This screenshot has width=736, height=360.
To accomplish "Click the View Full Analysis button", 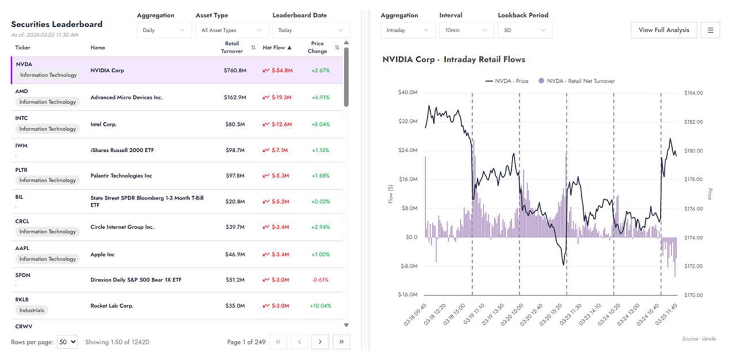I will pos(664,30).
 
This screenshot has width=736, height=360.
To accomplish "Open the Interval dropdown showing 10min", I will pos(466,30).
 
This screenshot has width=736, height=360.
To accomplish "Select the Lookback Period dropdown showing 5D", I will pos(524,30).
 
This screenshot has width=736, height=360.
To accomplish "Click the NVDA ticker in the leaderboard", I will pos(24,64).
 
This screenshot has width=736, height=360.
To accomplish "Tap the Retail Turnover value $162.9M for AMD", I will pos(235,98).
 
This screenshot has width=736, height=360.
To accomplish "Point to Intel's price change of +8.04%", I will pos(320,124).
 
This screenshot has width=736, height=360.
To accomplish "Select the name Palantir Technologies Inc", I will pos(121,176).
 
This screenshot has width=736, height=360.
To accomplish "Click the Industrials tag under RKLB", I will pos(32,310).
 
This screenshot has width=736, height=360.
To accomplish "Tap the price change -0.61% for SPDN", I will pos(320,280).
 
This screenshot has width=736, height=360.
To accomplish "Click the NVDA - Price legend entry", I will pos(507,81).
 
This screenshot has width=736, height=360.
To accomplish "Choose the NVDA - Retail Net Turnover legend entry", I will pos(576,81).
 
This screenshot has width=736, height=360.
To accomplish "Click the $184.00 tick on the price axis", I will pos(693,93).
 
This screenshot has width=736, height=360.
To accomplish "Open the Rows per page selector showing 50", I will pos(67,342).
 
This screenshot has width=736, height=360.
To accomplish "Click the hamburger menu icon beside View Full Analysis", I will pos(710,30).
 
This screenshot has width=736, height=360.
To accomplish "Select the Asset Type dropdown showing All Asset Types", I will pos(231,30).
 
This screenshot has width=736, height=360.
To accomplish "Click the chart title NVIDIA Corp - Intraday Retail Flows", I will pos(454,59).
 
